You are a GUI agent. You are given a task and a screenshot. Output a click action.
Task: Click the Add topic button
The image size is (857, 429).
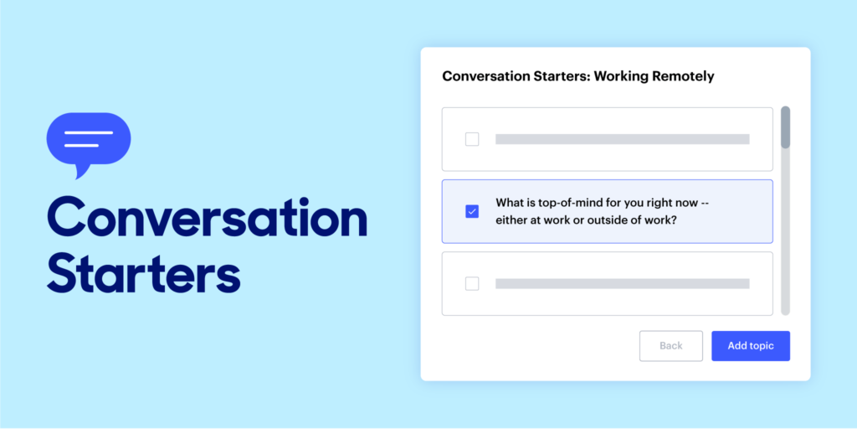click(751, 346)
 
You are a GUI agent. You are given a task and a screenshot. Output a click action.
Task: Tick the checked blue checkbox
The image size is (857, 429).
click(472, 211)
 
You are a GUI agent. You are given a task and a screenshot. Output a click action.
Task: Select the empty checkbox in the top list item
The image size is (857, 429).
click(472, 139)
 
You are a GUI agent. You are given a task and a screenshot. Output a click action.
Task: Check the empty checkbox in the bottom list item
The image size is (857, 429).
click(472, 283)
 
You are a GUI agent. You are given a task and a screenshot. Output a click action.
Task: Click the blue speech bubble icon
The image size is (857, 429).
click(89, 139)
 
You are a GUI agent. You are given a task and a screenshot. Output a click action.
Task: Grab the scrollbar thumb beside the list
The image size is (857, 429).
click(785, 127)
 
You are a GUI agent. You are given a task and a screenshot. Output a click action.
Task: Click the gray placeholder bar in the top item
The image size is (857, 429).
click(622, 139)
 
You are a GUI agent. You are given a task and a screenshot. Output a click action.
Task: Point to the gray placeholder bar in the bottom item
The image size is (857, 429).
click(622, 283)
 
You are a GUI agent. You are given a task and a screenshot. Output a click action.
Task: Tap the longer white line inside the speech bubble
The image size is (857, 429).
click(88, 132)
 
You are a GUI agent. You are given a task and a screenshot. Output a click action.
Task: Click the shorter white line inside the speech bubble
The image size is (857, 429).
click(81, 146)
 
